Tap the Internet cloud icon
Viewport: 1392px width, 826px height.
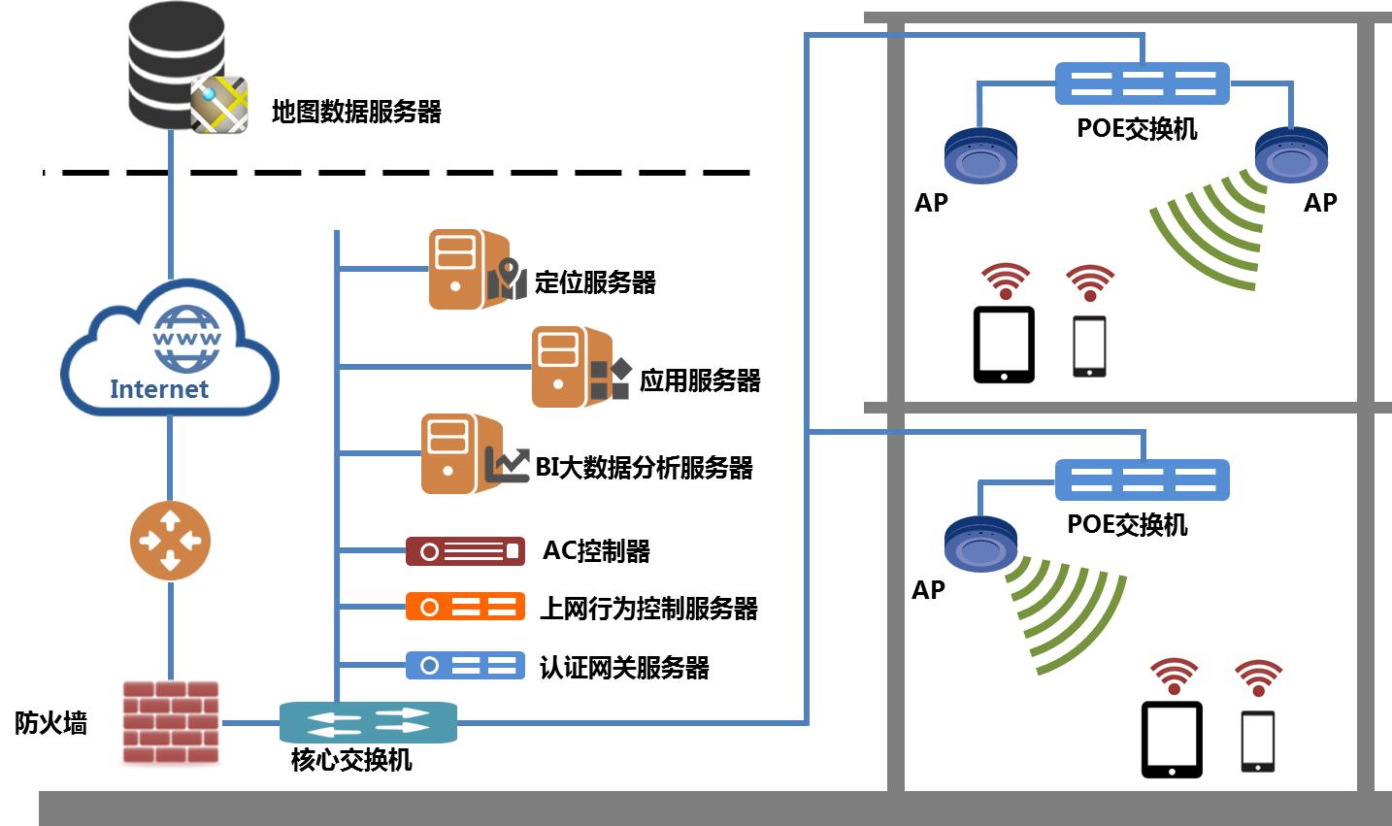[x=170, y=349]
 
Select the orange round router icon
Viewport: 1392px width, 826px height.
[x=170, y=540]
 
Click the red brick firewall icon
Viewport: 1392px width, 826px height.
[x=171, y=722]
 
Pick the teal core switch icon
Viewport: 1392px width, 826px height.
[x=368, y=722]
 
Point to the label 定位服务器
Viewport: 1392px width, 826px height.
[x=595, y=282]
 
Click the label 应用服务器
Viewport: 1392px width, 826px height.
[x=700, y=380]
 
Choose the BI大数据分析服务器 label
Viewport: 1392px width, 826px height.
[x=644, y=468]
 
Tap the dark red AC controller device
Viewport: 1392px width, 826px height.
[x=465, y=551]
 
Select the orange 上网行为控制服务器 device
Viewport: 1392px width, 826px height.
[x=465, y=608]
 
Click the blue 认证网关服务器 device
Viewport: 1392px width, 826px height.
[x=465, y=666]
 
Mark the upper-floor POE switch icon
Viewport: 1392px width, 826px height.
[x=1142, y=83]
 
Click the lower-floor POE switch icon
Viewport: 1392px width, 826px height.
[x=1142, y=479]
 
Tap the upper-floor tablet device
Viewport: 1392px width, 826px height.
[x=1004, y=345]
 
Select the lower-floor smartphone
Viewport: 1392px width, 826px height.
[x=1258, y=742]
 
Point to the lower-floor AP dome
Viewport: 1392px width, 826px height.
[x=980, y=545]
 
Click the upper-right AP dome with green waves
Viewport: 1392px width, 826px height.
[x=1291, y=155]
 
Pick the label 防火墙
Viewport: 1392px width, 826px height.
[x=50, y=723]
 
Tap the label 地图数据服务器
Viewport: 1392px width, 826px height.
[x=356, y=112]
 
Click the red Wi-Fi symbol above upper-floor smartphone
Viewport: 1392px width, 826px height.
[x=1089, y=281]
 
